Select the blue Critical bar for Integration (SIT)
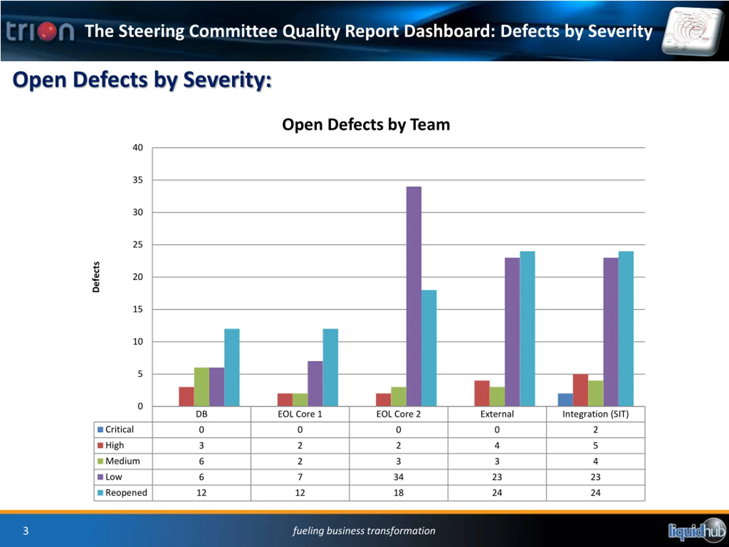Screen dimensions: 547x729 tap(565, 400)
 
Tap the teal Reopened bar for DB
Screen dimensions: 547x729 tap(232, 367)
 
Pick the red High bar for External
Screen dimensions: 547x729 tap(482, 393)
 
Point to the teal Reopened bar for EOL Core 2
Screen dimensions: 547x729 tap(429, 348)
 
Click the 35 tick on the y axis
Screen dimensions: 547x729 tap(138, 180)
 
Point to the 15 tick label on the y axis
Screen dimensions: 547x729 tap(138, 309)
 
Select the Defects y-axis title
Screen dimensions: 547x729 tap(96, 277)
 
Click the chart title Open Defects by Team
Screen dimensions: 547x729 tap(366, 124)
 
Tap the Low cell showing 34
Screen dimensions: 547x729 tap(398, 477)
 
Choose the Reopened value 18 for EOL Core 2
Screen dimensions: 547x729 tap(398, 493)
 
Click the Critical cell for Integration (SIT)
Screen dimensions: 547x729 tap(595, 430)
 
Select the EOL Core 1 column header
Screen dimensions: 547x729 tap(300, 414)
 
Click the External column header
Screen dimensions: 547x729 tap(497, 414)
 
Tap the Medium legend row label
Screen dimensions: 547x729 tap(122, 461)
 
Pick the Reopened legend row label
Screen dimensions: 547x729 tap(126, 493)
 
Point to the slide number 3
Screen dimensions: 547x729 tap(26, 531)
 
